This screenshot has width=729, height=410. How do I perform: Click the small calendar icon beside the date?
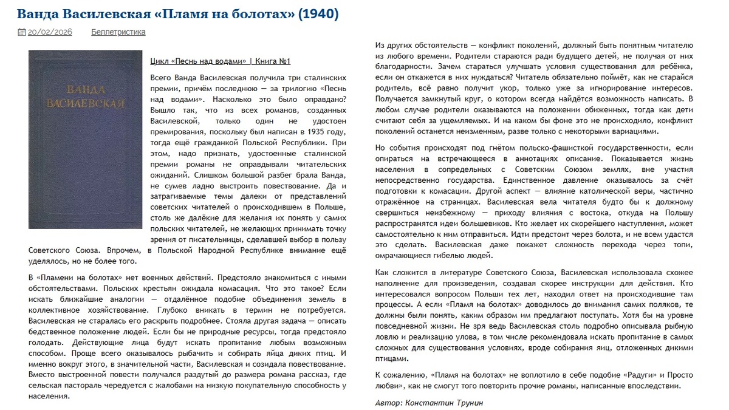pyautogui.click(x=21, y=32)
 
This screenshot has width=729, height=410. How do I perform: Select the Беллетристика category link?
pyautogui.click(x=118, y=32)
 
